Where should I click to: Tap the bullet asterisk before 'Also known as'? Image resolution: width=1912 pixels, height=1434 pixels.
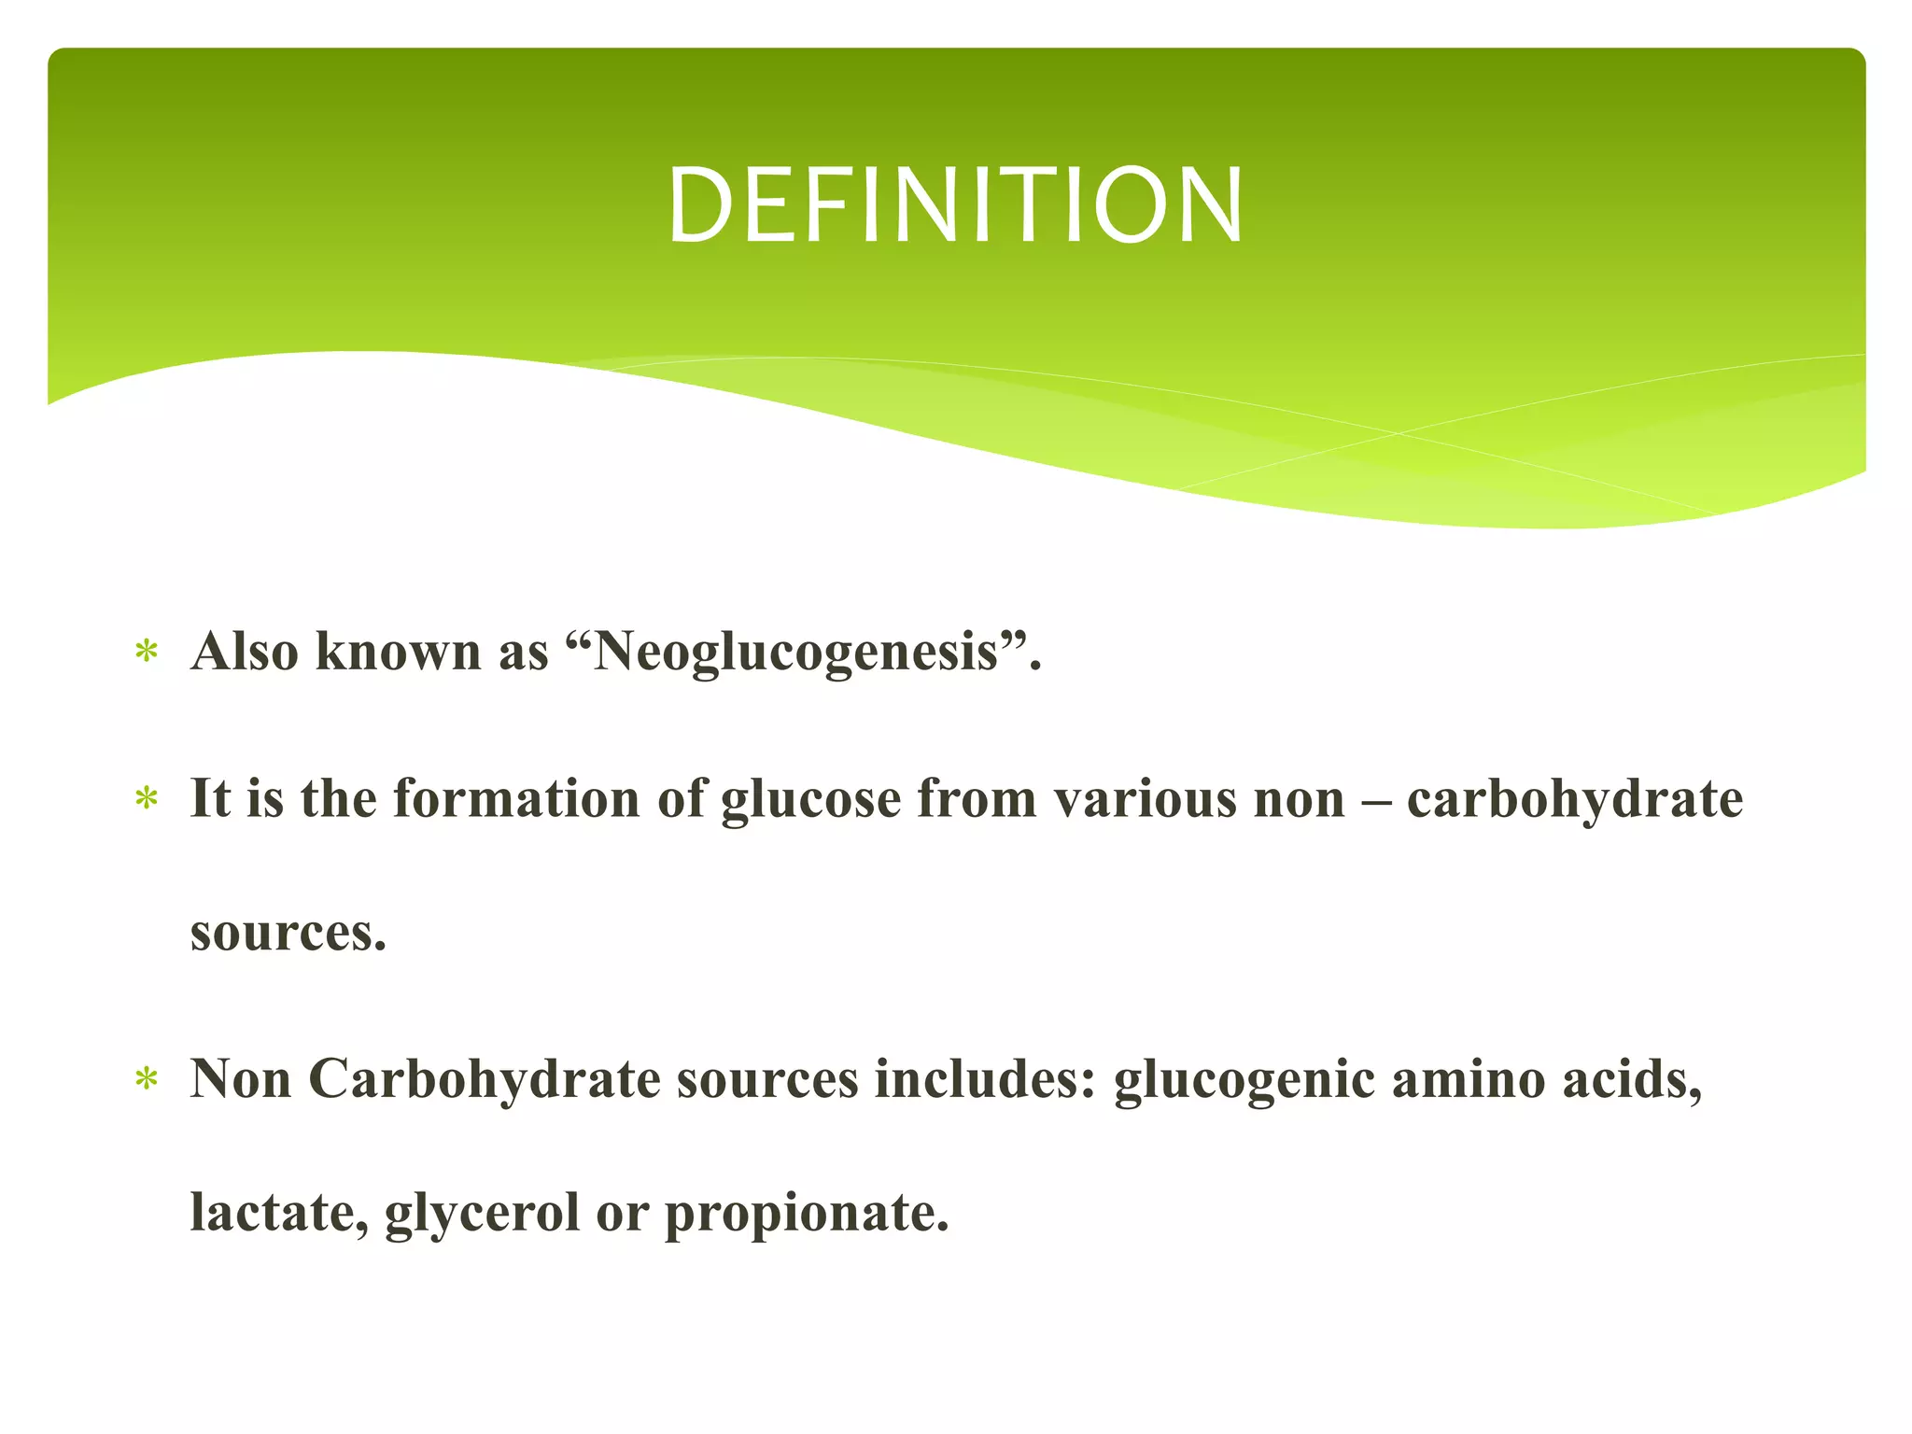pos(147,651)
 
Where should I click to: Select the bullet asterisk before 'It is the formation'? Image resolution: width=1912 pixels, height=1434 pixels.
pos(147,798)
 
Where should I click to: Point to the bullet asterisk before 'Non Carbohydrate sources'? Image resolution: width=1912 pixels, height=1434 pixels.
pos(147,1080)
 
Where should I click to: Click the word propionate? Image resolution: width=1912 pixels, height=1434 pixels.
pos(798,1215)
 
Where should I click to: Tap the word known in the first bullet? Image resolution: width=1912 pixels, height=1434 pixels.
pos(400,651)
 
